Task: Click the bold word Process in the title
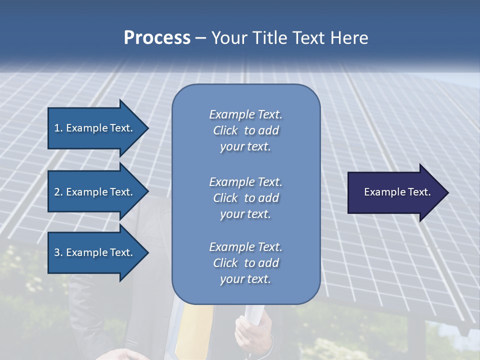click(x=157, y=38)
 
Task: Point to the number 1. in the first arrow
click(x=58, y=128)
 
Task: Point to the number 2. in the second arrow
click(x=58, y=192)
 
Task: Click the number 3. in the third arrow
click(x=58, y=252)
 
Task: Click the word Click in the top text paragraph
click(x=225, y=130)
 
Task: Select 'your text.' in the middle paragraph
click(x=245, y=214)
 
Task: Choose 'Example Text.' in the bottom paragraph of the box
click(x=245, y=247)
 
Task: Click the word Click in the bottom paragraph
click(x=225, y=263)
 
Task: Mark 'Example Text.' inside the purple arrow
click(x=397, y=192)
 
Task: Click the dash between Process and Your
click(x=201, y=38)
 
